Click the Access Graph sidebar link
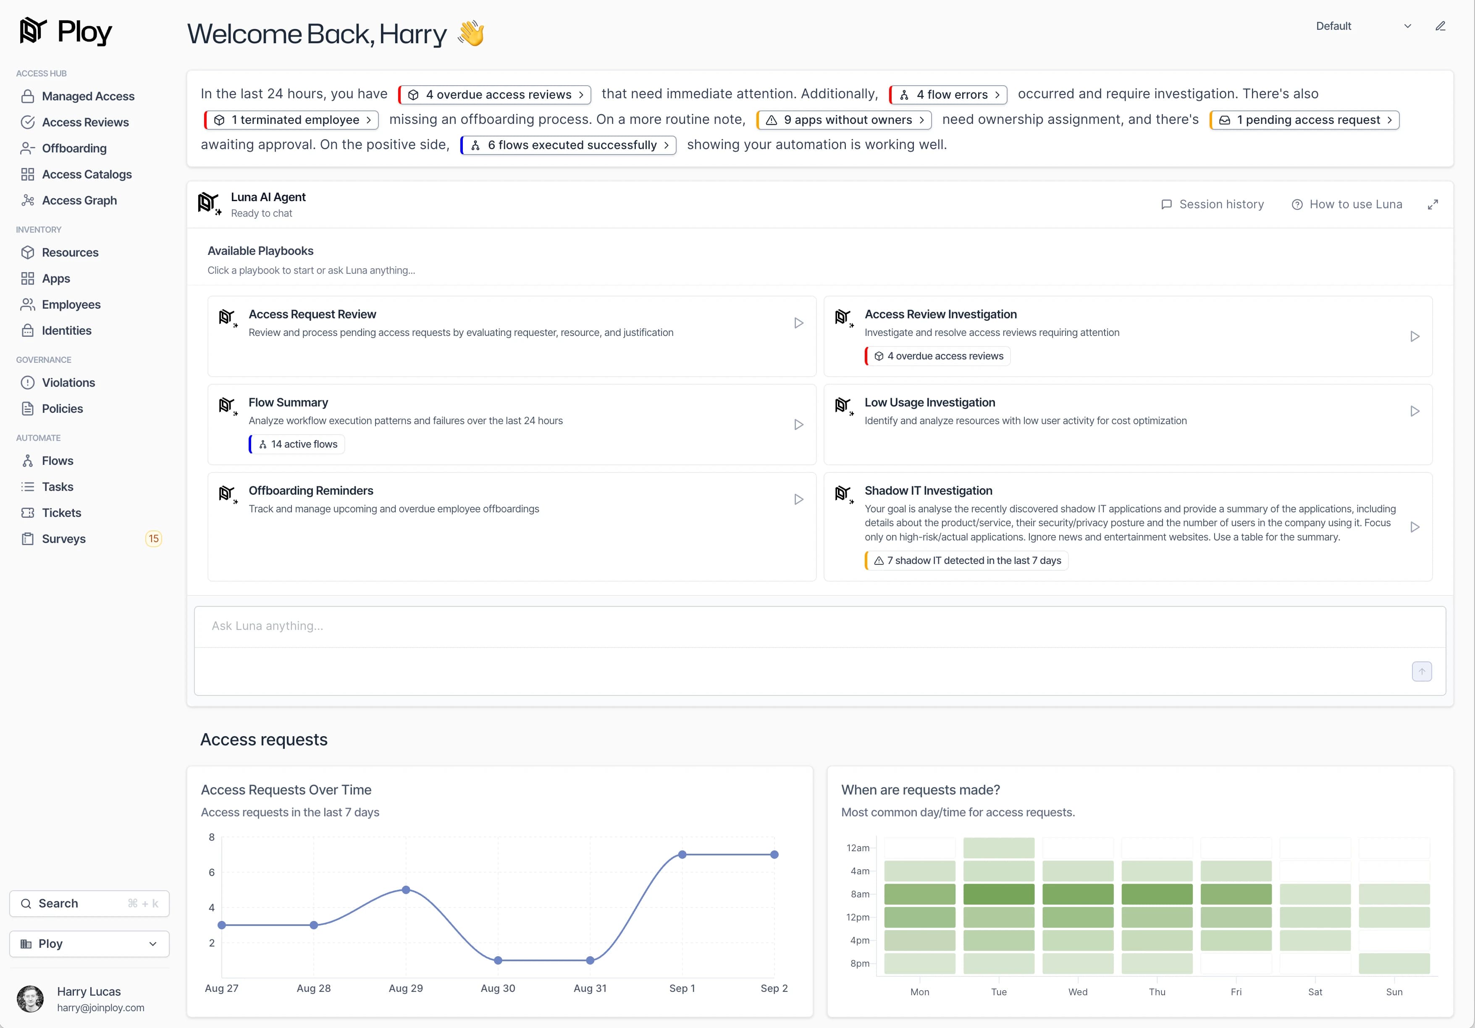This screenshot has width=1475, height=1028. coord(69,200)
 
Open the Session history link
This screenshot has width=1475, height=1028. coord(1212,205)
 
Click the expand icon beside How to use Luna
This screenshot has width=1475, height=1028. coord(1433,205)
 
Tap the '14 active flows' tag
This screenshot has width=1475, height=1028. coord(297,444)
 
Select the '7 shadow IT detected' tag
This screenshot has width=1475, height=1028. coord(966,560)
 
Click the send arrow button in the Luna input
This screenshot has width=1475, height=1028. coord(1422,671)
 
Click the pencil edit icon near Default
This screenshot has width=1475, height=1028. coord(1440,26)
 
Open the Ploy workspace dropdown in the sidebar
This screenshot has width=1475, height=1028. coord(89,944)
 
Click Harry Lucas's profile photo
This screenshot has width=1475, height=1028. coord(30,999)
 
